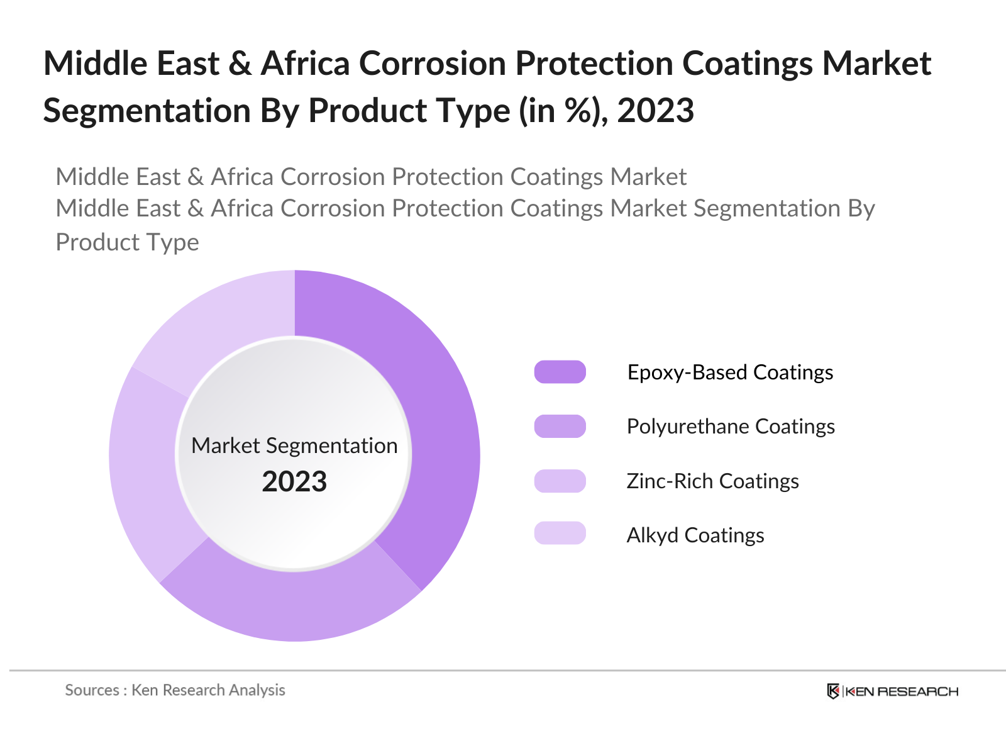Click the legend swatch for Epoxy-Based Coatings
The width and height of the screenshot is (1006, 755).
(560, 372)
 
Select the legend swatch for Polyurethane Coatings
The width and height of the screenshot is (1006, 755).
(560, 426)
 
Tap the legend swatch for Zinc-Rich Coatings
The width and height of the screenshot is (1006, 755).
(560, 481)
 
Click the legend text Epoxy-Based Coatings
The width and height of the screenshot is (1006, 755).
(730, 372)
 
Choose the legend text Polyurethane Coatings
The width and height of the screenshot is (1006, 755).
(731, 426)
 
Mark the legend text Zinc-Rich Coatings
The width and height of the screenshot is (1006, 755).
(712, 481)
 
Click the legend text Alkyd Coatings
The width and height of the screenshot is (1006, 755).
(695, 535)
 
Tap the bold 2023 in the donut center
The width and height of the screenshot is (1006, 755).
(294, 481)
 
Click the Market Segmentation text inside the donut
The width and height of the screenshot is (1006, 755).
(294, 445)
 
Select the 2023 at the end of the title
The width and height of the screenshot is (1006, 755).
(655, 111)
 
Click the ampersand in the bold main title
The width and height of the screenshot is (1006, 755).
(240, 64)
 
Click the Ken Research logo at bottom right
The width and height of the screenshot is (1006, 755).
(892, 691)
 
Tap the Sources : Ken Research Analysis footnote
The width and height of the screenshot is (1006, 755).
(175, 690)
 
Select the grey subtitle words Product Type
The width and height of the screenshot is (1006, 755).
(127, 242)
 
